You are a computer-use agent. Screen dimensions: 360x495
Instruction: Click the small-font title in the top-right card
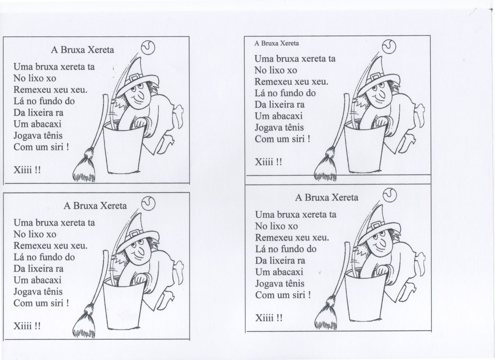click(277, 43)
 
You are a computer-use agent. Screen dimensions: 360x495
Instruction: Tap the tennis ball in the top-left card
click(147, 47)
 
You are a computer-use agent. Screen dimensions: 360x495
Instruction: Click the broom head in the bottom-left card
click(85, 322)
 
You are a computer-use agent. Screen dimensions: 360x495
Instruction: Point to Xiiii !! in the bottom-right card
click(269, 318)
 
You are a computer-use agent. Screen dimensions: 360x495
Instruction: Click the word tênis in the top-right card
click(299, 127)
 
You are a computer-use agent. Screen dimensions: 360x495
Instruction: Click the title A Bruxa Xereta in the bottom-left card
click(95, 205)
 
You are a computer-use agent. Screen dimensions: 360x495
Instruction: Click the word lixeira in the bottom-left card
click(45, 268)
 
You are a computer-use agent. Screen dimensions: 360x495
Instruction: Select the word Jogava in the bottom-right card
click(269, 283)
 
